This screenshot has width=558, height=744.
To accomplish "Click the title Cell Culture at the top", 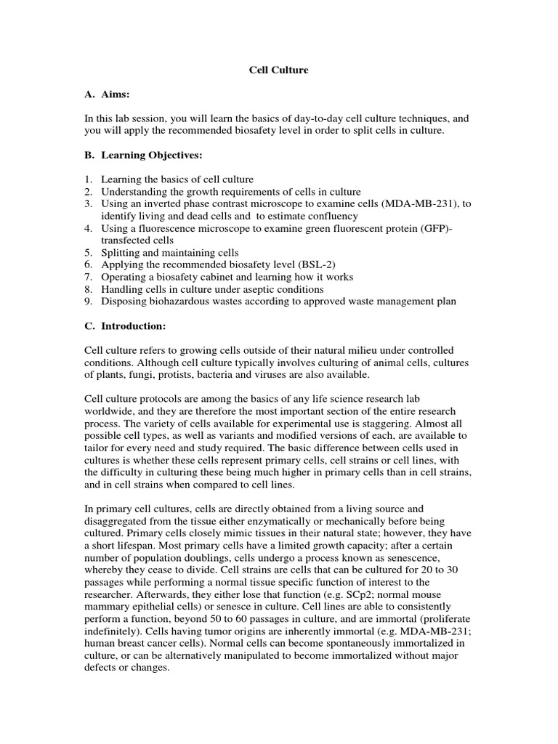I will point(278,70).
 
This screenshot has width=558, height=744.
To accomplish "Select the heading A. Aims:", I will point(110,94).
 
